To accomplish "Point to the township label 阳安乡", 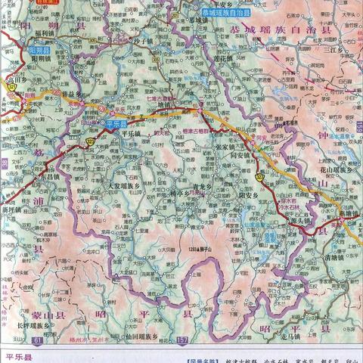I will [250, 193].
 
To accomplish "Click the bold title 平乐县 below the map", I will [19, 354].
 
